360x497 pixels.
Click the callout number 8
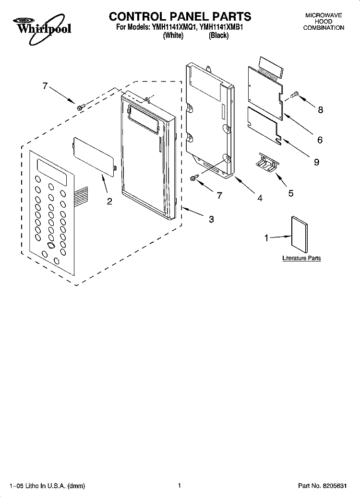(320, 110)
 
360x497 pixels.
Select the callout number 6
(320, 140)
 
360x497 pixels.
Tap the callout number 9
(316, 162)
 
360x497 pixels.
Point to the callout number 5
(291, 193)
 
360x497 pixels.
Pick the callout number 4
(260, 198)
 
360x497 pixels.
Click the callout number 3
(211, 219)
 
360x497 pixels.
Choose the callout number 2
(109, 201)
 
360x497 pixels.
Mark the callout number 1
(266, 238)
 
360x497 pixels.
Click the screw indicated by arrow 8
(295, 94)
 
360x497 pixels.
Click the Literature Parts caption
(301, 258)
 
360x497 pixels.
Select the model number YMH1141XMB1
(221, 27)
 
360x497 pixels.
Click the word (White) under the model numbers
(173, 35)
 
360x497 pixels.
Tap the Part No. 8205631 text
(322, 485)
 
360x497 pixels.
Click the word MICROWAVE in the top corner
(323, 15)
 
